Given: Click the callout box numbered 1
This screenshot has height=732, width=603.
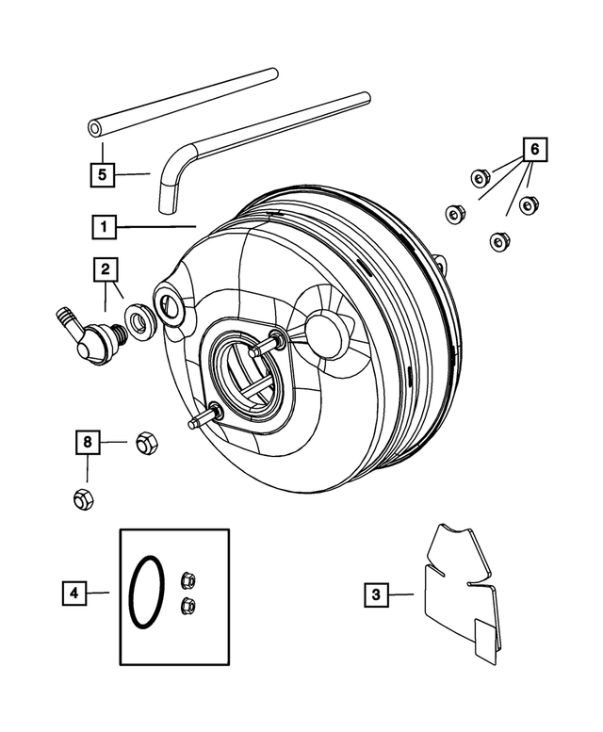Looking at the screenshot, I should [104, 227].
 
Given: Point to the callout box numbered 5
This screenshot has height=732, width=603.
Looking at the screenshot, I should [104, 173].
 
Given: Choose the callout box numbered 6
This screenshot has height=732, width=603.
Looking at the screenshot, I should [534, 150].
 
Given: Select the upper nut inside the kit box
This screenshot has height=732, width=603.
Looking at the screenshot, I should [187, 581].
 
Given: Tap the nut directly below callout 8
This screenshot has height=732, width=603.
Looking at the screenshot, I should [83, 498].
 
